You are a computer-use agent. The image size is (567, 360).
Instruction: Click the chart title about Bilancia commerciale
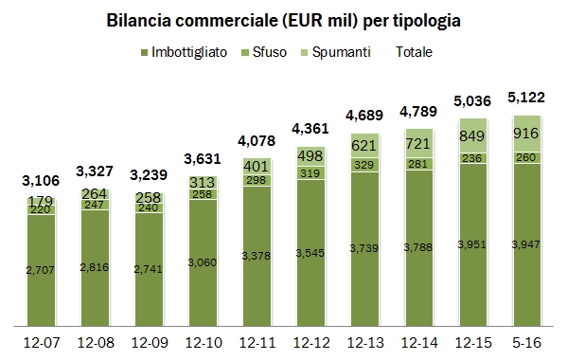(x=283, y=20)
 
